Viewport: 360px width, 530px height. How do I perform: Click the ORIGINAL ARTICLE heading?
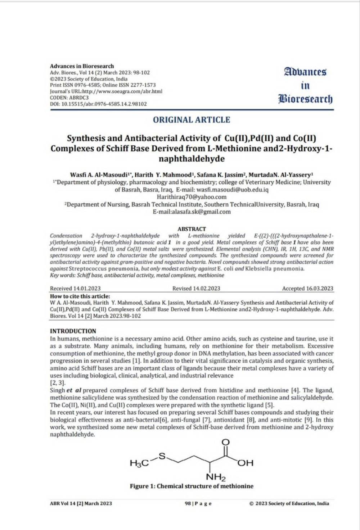coord(191,120)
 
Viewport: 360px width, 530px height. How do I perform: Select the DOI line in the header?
coord(98,104)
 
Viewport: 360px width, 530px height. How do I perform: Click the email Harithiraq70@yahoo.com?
coord(192,197)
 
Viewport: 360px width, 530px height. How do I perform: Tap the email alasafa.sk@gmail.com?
coord(192,212)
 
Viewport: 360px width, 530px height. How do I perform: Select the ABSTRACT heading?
coord(192,229)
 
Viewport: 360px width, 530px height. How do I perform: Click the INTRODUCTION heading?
coord(73,331)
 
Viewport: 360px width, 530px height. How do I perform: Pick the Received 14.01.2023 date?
coord(75,288)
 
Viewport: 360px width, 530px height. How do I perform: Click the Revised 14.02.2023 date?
coord(196,288)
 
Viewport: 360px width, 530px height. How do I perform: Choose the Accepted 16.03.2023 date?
coord(307,288)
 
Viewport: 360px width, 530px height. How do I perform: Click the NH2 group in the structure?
coord(216,477)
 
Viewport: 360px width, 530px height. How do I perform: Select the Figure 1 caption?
coord(192,486)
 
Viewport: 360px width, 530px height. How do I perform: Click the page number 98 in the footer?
coord(188,503)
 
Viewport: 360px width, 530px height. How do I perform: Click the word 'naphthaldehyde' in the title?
coord(192,159)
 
